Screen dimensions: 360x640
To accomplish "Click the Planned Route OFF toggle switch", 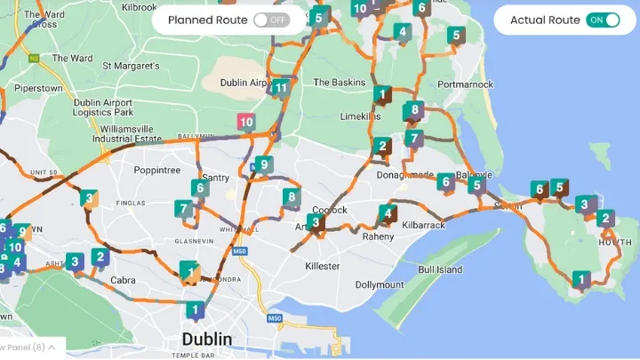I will point(271,20).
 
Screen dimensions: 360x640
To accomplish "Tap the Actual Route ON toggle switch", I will point(603,20).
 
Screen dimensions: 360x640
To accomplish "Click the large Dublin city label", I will point(206,340).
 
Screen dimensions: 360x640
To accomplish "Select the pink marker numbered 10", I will point(246,123).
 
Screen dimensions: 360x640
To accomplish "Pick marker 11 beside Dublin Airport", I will point(281,88).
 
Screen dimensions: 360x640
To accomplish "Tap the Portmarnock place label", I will point(465,84).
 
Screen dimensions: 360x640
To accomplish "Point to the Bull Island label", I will point(440,269).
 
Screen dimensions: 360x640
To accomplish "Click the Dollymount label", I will point(380,285).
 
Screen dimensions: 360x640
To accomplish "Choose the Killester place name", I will point(322,266).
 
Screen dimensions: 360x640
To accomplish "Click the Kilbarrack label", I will point(424,228).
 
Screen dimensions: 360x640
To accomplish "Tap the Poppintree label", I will point(156,170).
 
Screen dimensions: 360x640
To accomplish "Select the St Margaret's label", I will point(131,66).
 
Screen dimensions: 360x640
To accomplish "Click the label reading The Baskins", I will point(339,83).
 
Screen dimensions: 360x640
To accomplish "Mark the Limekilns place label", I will point(360,116).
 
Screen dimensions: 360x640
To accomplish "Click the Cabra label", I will point(123,281).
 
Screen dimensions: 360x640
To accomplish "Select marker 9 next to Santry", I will point(263,164).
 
